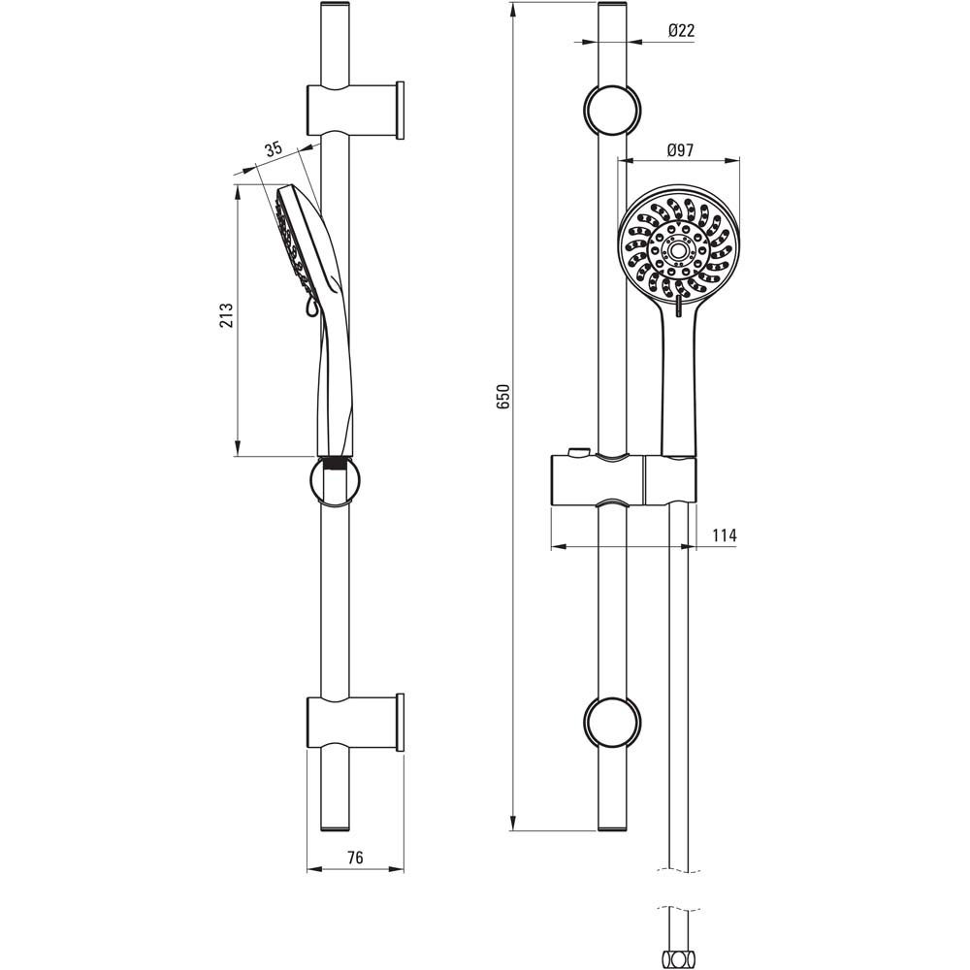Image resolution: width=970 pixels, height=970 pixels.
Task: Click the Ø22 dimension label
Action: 682,30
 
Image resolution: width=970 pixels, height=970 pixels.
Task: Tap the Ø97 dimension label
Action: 681,150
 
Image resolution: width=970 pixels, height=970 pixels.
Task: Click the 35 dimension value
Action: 274,148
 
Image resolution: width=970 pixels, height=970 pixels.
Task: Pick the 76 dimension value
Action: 355,857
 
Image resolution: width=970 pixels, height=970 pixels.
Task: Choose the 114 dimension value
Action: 725,535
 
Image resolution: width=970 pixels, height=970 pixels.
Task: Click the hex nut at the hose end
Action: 679,959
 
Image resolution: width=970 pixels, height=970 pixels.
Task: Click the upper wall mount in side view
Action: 356,110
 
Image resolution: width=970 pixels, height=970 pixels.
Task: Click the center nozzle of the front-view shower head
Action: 679,250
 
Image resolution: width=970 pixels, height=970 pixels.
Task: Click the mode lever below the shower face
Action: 679,306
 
